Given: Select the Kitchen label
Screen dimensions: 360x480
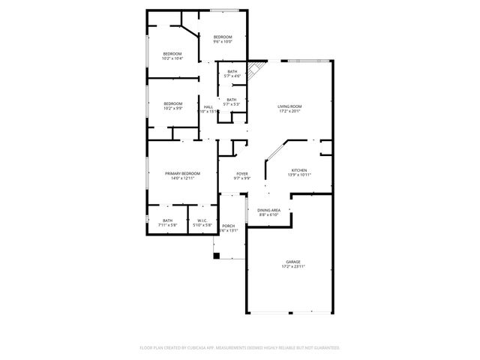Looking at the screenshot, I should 299,170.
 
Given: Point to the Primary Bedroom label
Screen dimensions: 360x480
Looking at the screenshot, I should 183,173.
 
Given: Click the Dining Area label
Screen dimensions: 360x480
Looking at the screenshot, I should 269,210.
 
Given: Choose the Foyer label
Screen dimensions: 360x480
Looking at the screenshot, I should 242,173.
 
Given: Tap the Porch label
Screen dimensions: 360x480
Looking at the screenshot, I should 228,226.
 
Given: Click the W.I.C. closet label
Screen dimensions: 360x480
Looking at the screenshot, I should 202,220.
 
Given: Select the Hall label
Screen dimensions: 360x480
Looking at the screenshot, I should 208,106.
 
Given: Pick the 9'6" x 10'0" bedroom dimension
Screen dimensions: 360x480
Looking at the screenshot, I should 223,42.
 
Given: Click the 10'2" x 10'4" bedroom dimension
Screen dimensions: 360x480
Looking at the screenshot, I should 173,58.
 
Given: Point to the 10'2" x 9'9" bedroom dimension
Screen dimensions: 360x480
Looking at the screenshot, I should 173,108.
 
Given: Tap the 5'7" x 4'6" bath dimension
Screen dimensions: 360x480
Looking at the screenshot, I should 232,76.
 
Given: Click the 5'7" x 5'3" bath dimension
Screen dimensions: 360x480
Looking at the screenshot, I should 232,104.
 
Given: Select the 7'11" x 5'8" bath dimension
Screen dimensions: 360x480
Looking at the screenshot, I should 167,225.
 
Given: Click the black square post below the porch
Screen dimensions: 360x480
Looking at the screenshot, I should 217,256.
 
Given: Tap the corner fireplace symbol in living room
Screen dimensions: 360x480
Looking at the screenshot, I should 255,69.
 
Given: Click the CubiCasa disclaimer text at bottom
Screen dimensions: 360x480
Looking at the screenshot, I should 240,348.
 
